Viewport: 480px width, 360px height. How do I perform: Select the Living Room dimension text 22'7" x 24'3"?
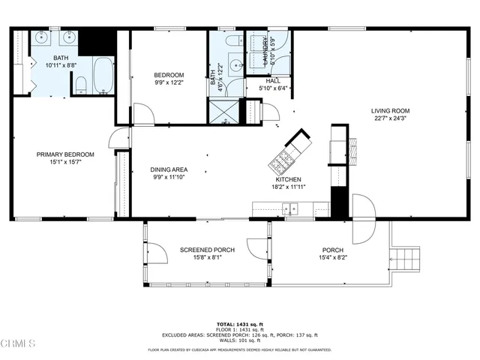tap(390, 118)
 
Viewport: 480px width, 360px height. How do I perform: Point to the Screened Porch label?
tap(207, 250)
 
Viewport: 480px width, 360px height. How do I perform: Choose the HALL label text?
tap(272, 81)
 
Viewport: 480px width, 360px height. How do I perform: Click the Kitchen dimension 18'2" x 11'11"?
tap(288, 187)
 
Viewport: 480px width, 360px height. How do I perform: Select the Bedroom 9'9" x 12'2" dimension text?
tap(168, 82)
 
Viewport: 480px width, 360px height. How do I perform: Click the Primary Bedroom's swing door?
tap(118, 138)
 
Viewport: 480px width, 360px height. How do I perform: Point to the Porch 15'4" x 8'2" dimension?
tap(332, 258)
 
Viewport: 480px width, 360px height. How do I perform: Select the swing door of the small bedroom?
tap(143, 114)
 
